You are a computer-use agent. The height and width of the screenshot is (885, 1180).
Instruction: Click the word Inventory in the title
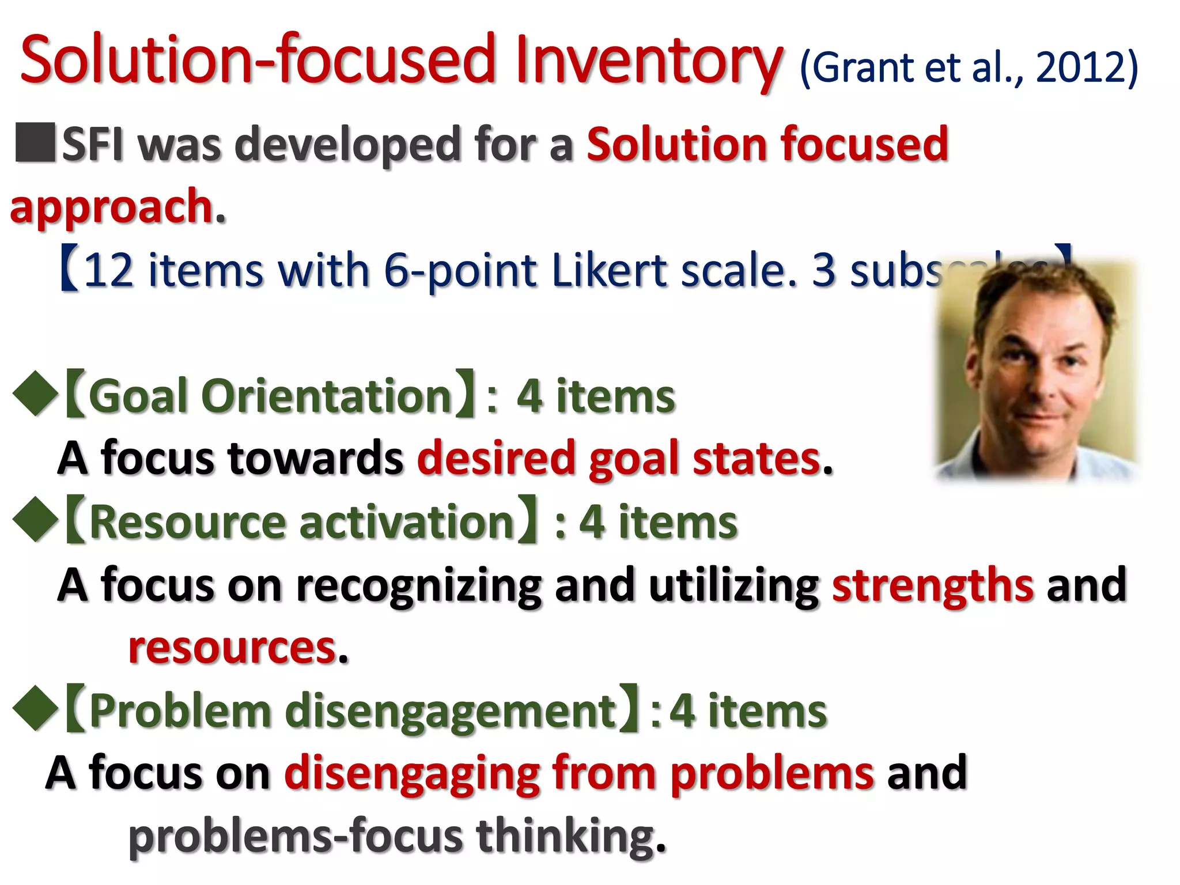(x=648, y=60)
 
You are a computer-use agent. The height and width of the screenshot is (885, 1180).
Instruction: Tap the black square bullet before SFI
(x=35, y=142)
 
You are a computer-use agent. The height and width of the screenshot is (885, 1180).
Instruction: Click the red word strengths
(x=933, y=585)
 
